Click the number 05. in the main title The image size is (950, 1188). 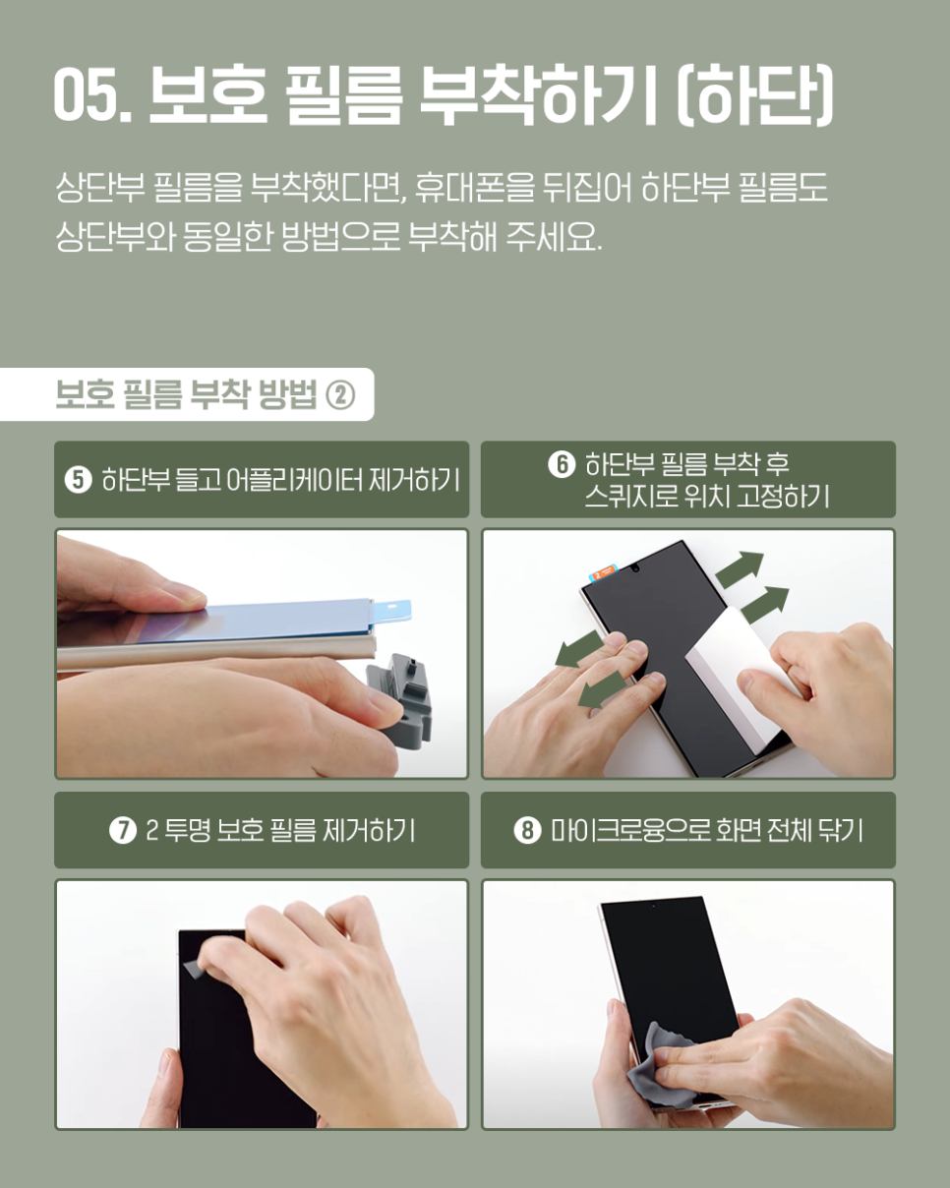coord(92,94)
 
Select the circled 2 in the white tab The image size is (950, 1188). coord(340,395)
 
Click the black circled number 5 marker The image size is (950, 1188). coord(79,479)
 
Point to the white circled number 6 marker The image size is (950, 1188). coord(562,464)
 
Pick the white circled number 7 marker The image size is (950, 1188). coord(123,830)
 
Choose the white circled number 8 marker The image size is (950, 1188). coord(528,830)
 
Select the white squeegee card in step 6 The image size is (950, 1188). coord(739,678)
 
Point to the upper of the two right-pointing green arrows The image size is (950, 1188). coord(741,568)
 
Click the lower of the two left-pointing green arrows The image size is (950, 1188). coord(602,692)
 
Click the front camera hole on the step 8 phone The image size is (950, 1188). coord(654,906)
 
